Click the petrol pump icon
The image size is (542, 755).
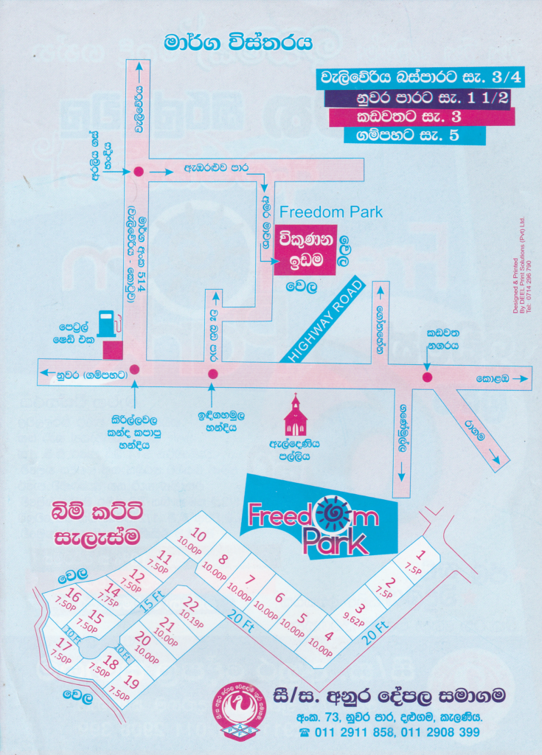point(108,323)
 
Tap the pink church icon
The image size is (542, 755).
point(295,418)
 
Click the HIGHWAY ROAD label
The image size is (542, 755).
point(322,319)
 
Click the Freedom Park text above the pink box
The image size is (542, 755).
point(331,212)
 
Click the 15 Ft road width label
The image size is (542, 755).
point(149,599)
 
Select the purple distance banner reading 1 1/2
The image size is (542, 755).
point(416,98)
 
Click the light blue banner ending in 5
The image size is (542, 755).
point(414,136)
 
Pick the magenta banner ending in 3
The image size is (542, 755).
point(420,116)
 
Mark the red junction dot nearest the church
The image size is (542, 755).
point(212,374)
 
